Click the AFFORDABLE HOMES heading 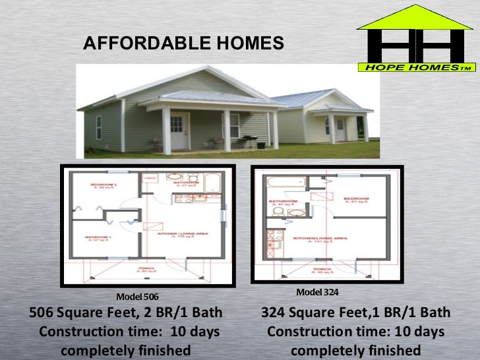point(183,44)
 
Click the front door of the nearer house point(178,129)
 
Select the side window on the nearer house point(99,127)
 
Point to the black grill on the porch point(248,139)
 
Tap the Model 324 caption point(317,291)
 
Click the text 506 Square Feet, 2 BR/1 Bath point(126,312)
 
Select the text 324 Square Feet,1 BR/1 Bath point(356,312)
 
